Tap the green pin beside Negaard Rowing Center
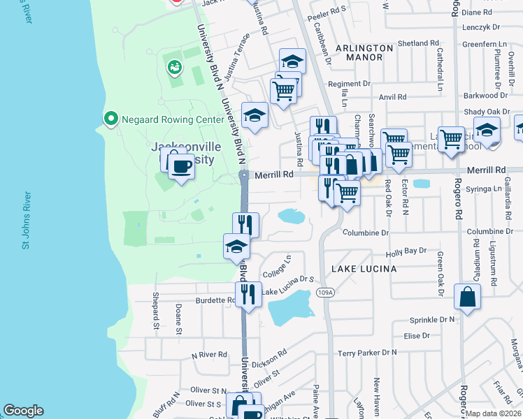[x=110, y=119]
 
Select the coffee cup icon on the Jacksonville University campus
[x=181, y=167]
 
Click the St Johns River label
[x=26, y=220]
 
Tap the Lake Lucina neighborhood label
[x=364, y=268]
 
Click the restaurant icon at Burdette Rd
[x=248, y=294]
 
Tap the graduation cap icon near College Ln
[x=236, y=247]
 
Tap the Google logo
[x=23, y=411]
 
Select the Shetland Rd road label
[x=417, y=43]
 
